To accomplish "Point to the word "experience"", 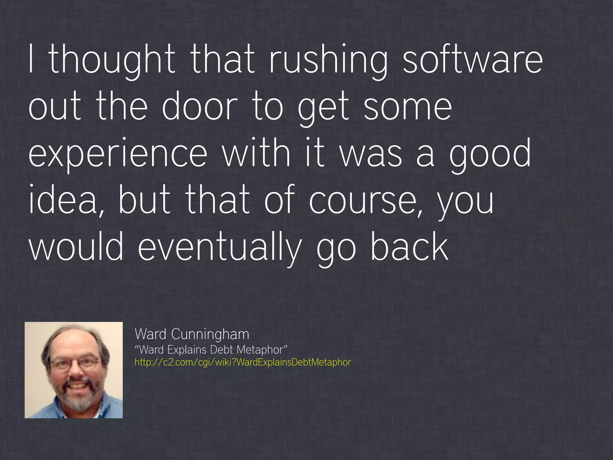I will click(118, 154).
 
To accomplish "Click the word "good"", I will click(490, 154).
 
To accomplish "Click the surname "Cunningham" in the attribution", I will click(210, 334).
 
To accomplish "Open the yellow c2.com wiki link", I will click(242, 362).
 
